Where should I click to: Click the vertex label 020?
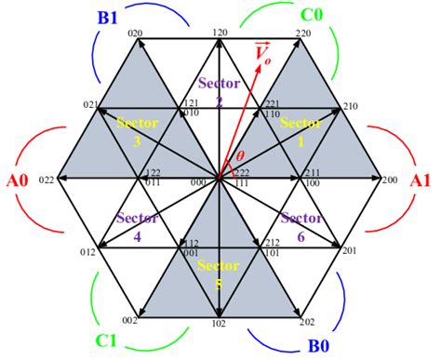(135, 33)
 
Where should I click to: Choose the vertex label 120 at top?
(220, 32)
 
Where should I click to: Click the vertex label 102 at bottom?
(219, 324)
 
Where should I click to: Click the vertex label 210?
(350, 106)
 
